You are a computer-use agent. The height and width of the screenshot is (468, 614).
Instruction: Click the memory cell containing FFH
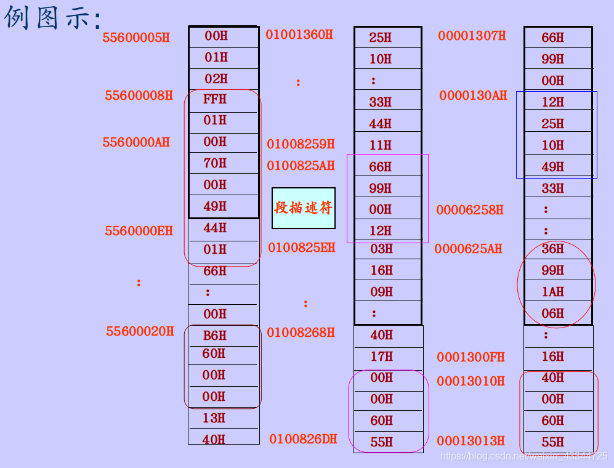pyautogui.click(x=216, y=99)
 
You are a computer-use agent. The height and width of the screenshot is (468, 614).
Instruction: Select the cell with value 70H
pyautogui.click(x=216, y=163)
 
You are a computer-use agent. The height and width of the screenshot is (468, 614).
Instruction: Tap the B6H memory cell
pyautogui.click(x=215, y=336)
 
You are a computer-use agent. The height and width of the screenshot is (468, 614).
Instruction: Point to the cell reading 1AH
pyautogui.click(x=553, y=292)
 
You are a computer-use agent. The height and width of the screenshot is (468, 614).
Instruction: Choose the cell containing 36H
pyautogui.click(x=553, y=249)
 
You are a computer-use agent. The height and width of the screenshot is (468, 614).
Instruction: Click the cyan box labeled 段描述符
pyautogui.click(x=304, y=208)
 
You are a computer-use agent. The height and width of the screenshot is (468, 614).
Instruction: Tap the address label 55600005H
pyautogui.click(x=136, y=38)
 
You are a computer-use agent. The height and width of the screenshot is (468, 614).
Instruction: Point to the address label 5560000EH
pyautogui.click(x=139, y=232)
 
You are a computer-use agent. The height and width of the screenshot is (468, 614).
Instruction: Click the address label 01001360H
pyautogui.click(x=299, y=34)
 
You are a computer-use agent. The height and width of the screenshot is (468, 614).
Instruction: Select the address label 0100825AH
pyautogui.click(x=301, y=166)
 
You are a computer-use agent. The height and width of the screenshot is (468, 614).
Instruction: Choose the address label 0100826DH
pyautogui.click(x=303, y=439)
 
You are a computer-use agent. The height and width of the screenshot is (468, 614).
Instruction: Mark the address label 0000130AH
pyautogui.click(x=473, y=95)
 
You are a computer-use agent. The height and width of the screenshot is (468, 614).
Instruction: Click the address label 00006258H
pyautogui.click(x=470, y=210)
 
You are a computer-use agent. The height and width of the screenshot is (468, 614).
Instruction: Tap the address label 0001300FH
pyautogui.click(x=471, y=357)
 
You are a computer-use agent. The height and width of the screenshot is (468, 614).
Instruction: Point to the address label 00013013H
pyautogui.click(x=471, y=441)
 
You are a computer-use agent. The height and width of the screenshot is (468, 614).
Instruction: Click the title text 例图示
pyautogui.click(x=52, y=18)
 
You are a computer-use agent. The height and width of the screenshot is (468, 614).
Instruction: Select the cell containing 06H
pyautogui.click(x=553, y=313)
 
